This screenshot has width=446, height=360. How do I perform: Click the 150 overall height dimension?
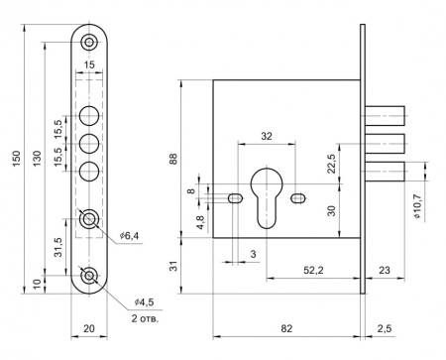(17, 159)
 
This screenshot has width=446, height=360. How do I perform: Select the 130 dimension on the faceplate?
(37, 159)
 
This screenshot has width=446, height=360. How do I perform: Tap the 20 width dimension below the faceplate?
(89, 328)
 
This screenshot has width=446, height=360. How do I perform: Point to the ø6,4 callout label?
(129, 236)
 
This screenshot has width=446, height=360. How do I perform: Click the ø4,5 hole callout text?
(144, 302)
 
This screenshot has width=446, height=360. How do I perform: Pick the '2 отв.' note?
(145, 318)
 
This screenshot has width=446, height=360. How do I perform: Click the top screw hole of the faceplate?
(89, 42)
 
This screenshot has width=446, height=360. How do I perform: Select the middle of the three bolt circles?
(89, 144)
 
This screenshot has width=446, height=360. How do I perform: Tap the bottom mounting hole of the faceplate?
(89, 276)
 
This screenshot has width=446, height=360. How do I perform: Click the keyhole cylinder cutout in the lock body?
(267, 197)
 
